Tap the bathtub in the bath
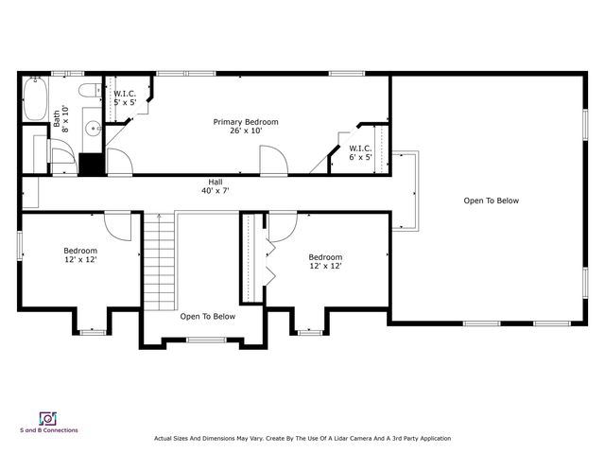tap(36, 98)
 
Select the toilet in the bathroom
tap(90, 91)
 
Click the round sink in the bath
tap(93, 129)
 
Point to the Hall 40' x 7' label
tap(216, 186)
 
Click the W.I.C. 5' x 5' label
tap(125, 98)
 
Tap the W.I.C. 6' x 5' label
tap(360, 152)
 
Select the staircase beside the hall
tap(160, 262)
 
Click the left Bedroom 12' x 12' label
tap(80, 254)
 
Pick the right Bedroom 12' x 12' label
tap(325, 261)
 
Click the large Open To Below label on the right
tap(492, 201)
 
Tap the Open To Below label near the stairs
tap(208, 317)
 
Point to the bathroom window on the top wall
tap(67, 74)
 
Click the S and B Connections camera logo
tap(48, 418)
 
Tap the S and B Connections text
tap(49, 430)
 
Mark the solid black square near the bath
tap(91, 165)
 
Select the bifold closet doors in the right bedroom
tap(270, 263)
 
